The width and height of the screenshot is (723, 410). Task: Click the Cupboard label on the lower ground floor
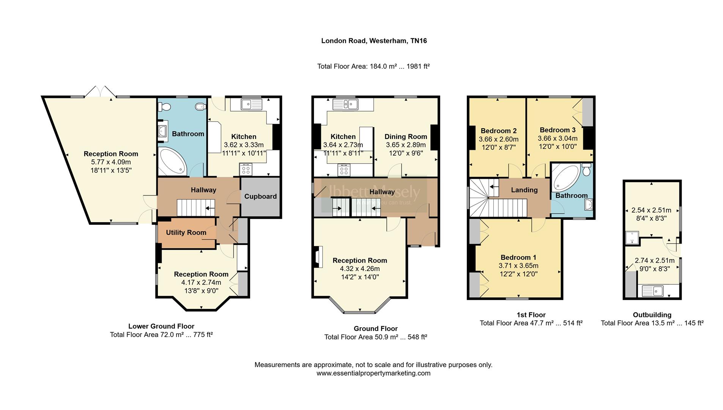coord(260,196)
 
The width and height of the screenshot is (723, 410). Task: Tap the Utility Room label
coord(186,232)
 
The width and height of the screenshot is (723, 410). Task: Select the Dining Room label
coord(406,137)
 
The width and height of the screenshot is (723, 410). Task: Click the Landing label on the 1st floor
coord(524,190)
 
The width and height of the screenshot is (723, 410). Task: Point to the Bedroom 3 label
coord(558,130)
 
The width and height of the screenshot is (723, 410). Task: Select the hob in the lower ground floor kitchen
coord(246,169)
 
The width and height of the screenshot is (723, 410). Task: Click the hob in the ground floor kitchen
coord(343,169)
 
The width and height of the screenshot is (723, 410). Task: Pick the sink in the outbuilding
coord(652,291)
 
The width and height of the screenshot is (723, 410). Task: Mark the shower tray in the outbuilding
coord(632,237)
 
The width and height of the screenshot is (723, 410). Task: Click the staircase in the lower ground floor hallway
coord(196,208)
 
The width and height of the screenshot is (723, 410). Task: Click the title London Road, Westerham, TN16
coord(374,41)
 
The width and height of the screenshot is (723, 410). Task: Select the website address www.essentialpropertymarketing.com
coord(373,373)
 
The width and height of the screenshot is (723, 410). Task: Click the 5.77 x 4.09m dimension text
coord(111,162)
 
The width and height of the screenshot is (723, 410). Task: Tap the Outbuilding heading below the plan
coord(652,315)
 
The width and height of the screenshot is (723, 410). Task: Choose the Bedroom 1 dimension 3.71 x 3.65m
coord(518,266)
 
